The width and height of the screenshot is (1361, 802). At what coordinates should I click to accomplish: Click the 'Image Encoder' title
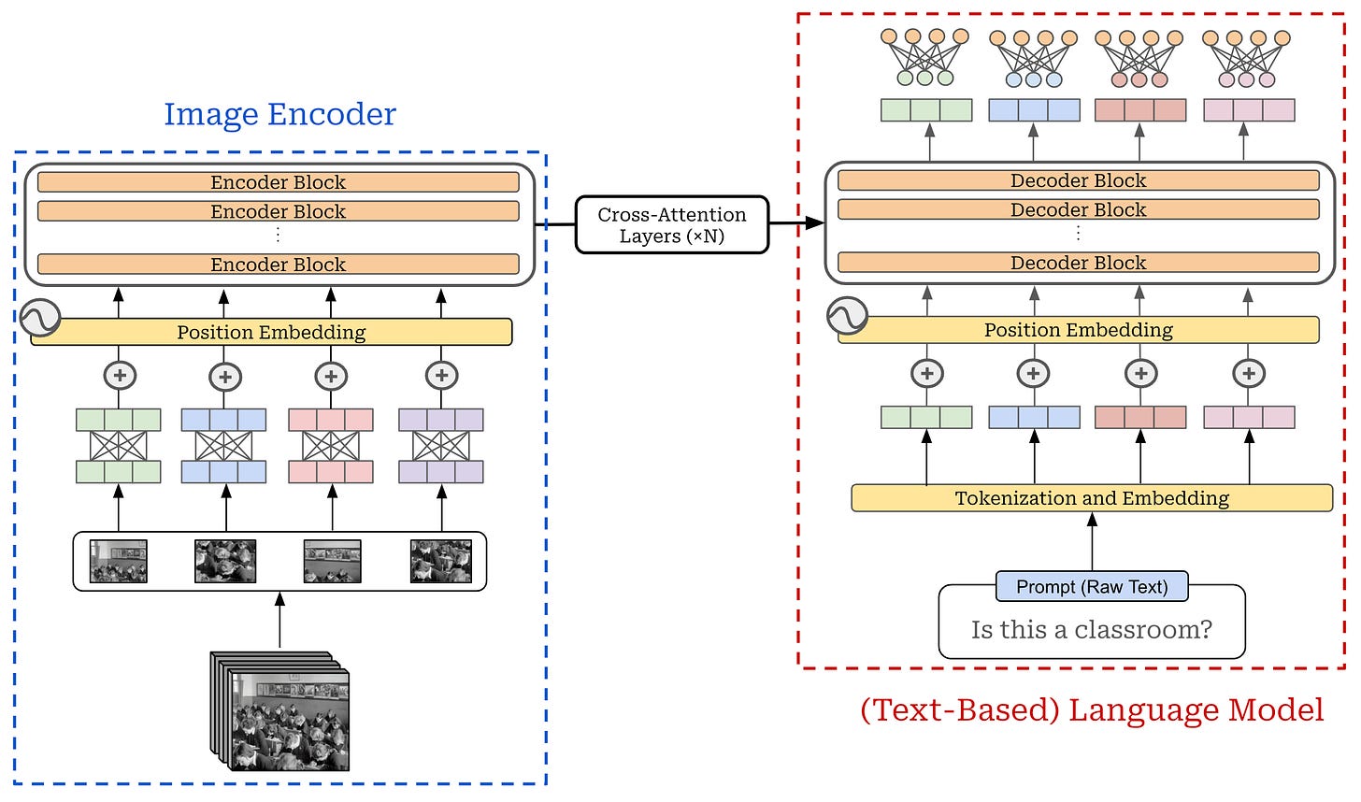pos(280,115)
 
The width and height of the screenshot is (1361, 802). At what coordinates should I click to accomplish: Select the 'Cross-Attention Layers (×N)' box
pos(671,224)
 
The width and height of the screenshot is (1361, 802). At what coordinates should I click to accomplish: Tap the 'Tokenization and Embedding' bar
pos(1092,498)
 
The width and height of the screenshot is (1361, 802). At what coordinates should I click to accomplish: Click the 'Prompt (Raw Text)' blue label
pos(1092,586)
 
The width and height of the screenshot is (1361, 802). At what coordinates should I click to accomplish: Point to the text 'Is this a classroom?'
pos(1092,629)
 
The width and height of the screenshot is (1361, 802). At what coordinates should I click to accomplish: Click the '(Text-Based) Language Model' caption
pos(1092,709)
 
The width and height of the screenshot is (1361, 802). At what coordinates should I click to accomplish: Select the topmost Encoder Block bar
pos(279,182)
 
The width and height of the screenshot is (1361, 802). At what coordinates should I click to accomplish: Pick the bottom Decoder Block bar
pos(1079,263)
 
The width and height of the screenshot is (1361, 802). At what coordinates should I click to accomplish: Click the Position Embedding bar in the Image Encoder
pos(272,333)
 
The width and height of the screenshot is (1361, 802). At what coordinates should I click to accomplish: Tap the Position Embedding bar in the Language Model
pos(1079,330)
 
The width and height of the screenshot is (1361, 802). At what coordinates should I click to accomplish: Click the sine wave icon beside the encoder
pos(40,317)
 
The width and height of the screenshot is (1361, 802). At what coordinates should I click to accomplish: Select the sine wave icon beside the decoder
pos(847,315)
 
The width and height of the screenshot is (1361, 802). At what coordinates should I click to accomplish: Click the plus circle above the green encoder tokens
pos(120,376)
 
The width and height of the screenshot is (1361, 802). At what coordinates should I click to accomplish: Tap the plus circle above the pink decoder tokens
pos(1249,373)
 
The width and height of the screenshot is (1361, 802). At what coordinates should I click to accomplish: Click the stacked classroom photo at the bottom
pos(280,711)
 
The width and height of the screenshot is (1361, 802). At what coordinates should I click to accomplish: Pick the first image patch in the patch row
pos(119,562)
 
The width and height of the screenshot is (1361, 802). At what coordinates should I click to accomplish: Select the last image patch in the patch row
pos(441,562)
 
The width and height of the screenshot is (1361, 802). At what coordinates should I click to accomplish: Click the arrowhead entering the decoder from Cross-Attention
pos(815,223)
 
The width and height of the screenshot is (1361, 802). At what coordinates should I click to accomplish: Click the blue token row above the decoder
pos(1034,110)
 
